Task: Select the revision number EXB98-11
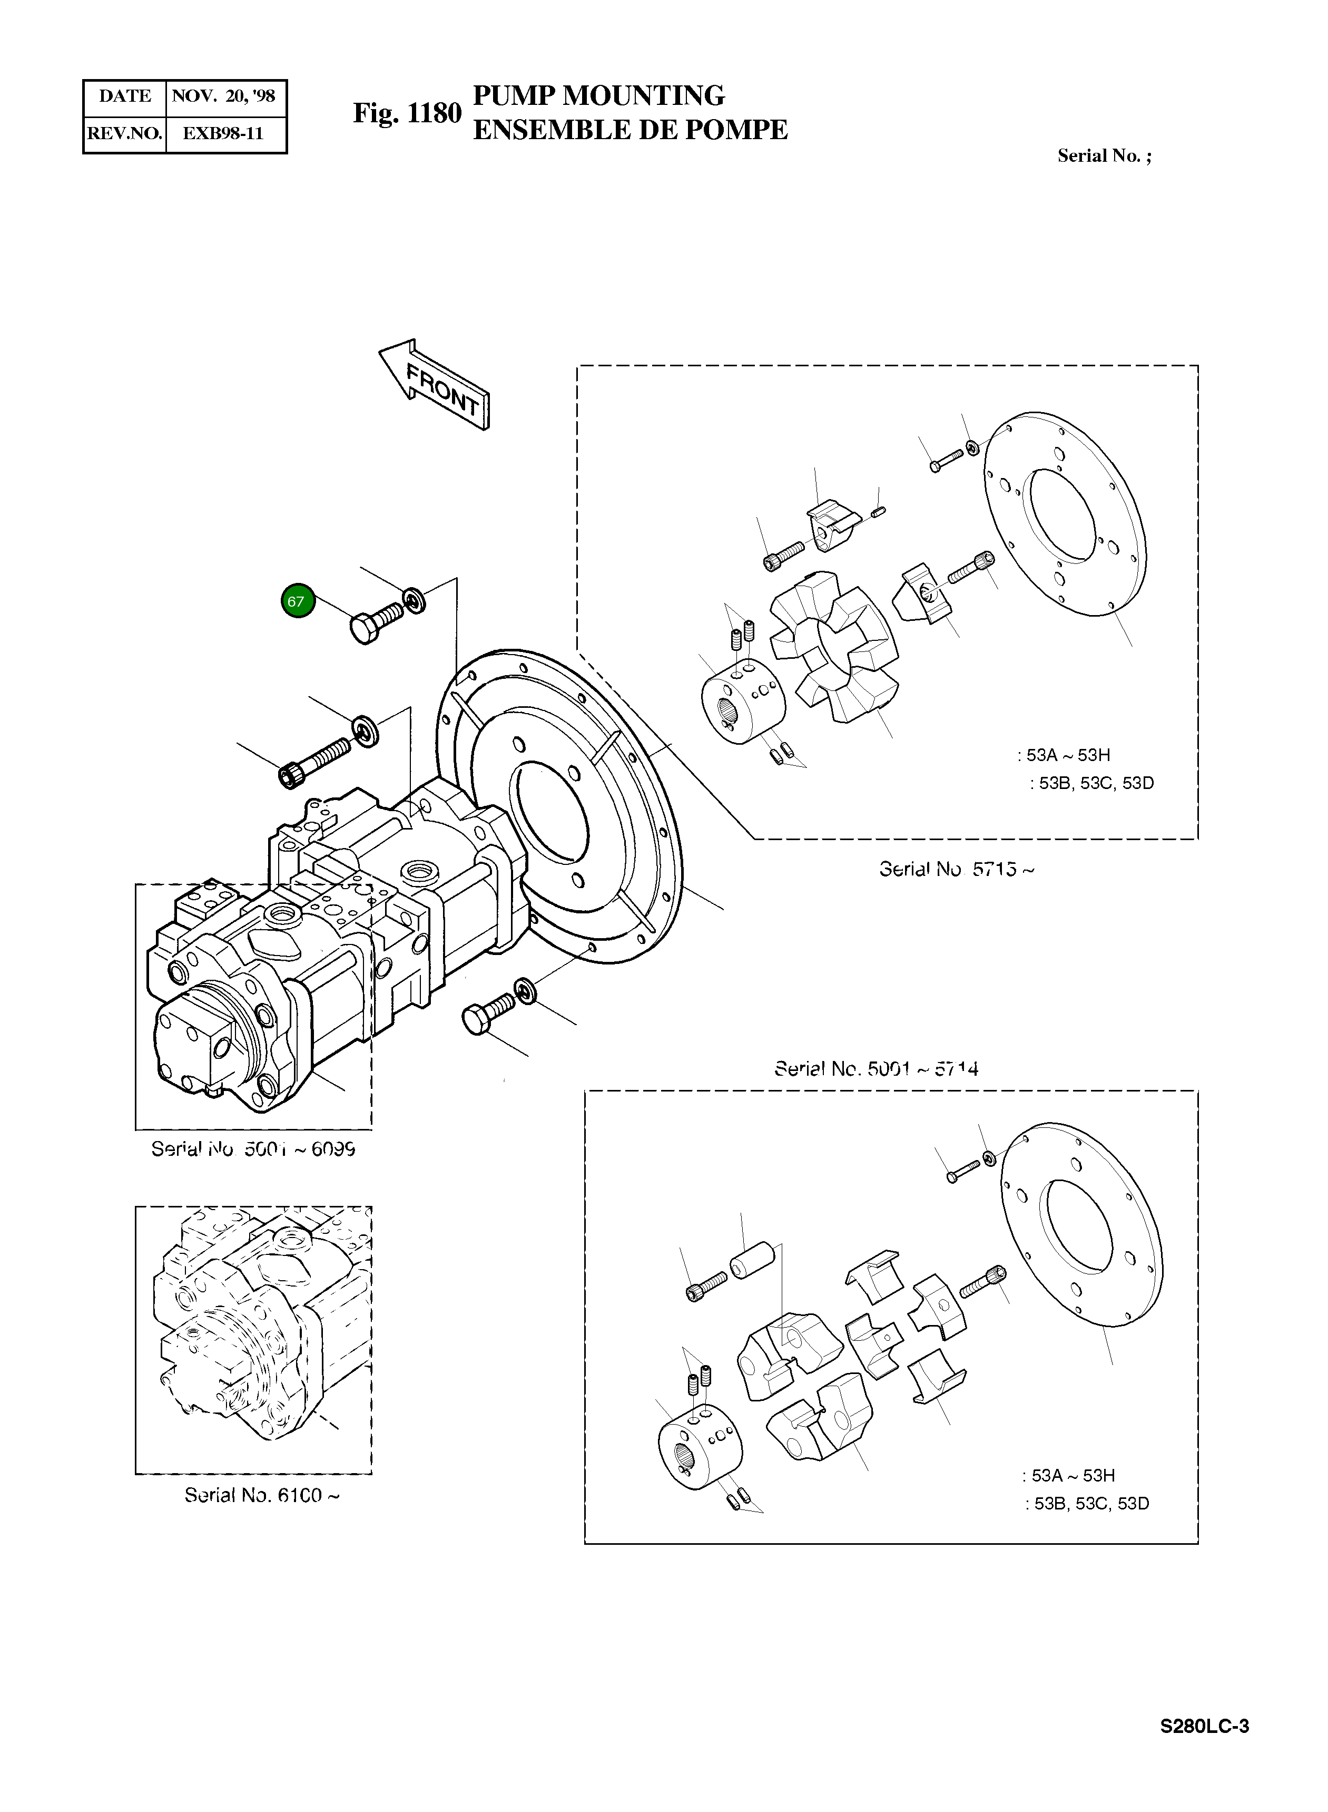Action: [x=223, y=133]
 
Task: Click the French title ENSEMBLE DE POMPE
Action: [x=629, y=130]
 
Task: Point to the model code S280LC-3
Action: [x=1203, y=1726]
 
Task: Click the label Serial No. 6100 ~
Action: [x=262, y=1495]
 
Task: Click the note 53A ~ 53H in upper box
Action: [x=1064, y=755]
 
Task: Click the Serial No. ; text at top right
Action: [x=1104, y=156]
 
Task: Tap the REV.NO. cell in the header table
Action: [x=125, y=133]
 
